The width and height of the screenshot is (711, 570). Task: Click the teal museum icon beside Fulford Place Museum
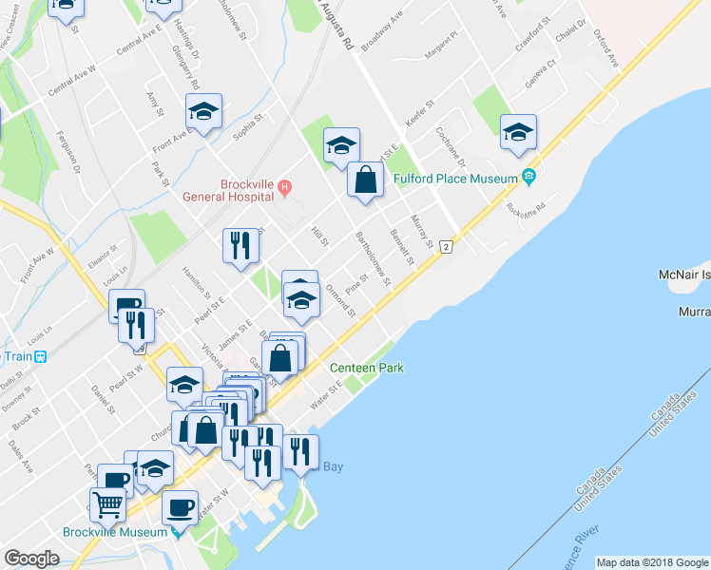(529, 177)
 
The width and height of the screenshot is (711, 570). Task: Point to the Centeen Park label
(366, 368)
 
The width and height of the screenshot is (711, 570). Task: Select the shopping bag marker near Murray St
(365, 179)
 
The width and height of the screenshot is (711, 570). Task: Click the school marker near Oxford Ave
(518, 132)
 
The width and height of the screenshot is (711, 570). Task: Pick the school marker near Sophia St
(203, 112)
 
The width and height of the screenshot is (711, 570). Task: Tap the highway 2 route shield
(446, 245)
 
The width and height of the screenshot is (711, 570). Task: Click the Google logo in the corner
(31, 559)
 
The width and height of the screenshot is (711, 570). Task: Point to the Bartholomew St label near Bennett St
(373, 256)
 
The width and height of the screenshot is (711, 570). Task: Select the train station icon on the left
(40, 357)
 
